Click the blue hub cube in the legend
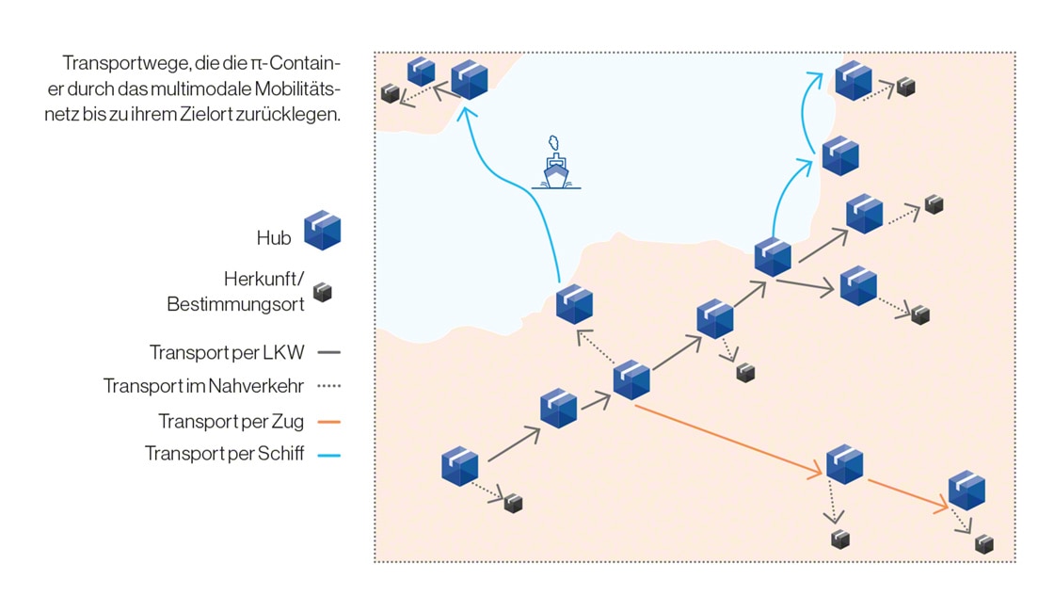coord(322,230)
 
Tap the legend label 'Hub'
coord(274,238)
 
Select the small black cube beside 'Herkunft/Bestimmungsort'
coord(323,292)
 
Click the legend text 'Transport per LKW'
coord(227,353)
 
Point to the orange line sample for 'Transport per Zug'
coord(328,422)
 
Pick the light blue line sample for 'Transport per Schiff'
coord(328,456)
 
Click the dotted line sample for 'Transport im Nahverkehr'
coord(328,387)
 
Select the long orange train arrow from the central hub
coord(725,438)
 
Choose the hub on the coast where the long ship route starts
coord(574,305)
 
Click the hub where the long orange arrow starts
coord(631,378)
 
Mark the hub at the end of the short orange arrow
coord(966,490)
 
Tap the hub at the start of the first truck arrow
coord(460,466)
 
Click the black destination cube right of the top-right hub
coord(905,87)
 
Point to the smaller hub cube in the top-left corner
coord(421,71)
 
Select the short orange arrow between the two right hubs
coord(905,495)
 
